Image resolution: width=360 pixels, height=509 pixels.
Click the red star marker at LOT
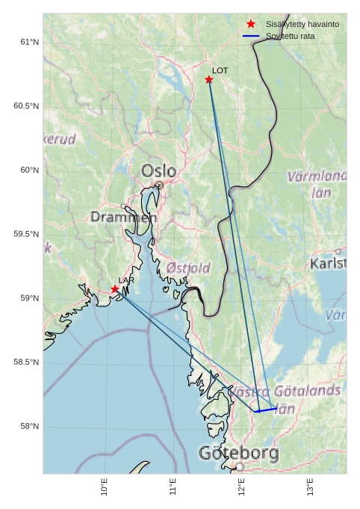(x=209, y=80)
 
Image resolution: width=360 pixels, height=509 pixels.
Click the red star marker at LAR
(x=115, y=289)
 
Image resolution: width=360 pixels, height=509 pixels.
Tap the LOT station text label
(x=220, y=70)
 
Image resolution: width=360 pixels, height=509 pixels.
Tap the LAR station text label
(x=126, y=280)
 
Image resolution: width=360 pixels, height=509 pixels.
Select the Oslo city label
(x=159, y=170)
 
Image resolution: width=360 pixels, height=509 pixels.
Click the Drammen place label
(x=120, y=217)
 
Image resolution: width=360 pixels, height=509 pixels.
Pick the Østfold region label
(x=187, y=268)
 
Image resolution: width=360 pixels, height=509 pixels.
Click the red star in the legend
(x=251, y=24)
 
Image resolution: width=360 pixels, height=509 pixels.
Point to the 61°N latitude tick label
(x=29, y=42)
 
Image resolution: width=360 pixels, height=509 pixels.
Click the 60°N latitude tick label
(x=29, y=170)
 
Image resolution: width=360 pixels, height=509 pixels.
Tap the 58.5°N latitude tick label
(x=26, y=362)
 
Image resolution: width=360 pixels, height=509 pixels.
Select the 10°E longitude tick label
(x=104, y=487)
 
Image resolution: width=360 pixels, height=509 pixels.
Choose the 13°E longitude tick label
(x=310, y=487)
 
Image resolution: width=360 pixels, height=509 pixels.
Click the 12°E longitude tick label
(x=241, y=487)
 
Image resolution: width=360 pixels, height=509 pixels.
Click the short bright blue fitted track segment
(x=266, y=409)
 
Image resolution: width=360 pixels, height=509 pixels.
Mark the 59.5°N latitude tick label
(x=26, y=234)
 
